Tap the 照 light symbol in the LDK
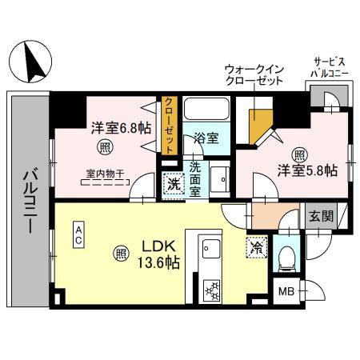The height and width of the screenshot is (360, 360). pos(120,254)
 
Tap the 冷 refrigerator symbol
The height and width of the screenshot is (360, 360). pos(256,248)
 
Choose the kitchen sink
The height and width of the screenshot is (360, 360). pos(210,249)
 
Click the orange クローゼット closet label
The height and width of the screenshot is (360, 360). pos(170,125)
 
